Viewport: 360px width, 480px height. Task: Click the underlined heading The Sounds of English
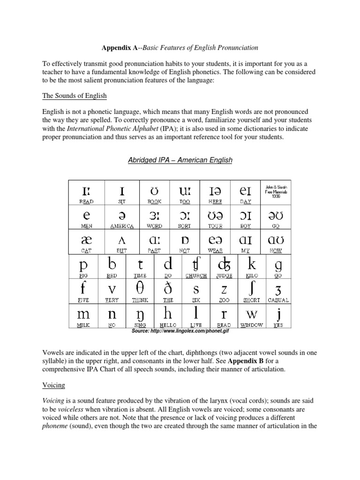(75, 96)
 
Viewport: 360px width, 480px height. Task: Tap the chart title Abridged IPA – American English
(180, 160)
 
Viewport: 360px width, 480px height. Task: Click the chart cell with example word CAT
(87, 241)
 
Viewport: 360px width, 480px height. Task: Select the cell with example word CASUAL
(278, 291)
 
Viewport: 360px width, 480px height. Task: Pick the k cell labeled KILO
(252, 267)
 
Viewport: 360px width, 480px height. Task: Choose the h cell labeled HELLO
(167, 315)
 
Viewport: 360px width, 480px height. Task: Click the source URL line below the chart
(180, 331)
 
